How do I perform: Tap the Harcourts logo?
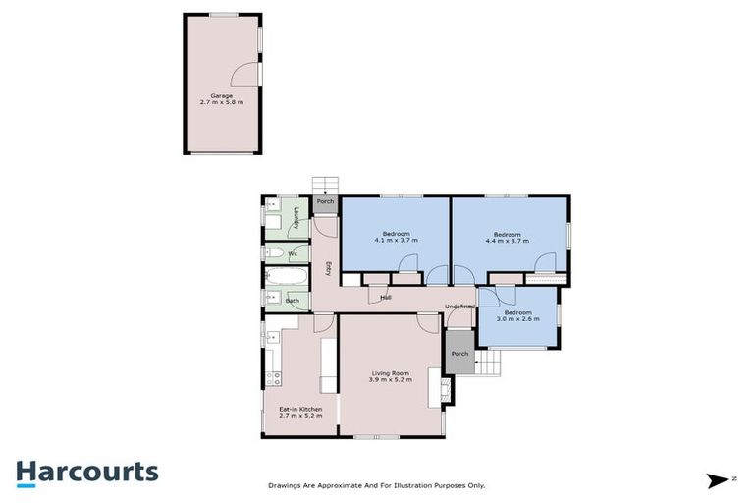pos(87,471)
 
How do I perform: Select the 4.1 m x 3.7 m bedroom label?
pos(396,237)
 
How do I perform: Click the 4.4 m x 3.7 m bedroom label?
pos(507,237)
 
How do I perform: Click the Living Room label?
pos(390,376)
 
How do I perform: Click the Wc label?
pos(293,254)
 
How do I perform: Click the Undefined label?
pos(459,307)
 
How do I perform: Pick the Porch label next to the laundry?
pos(325,203)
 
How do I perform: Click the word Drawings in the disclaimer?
pos(286,485)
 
